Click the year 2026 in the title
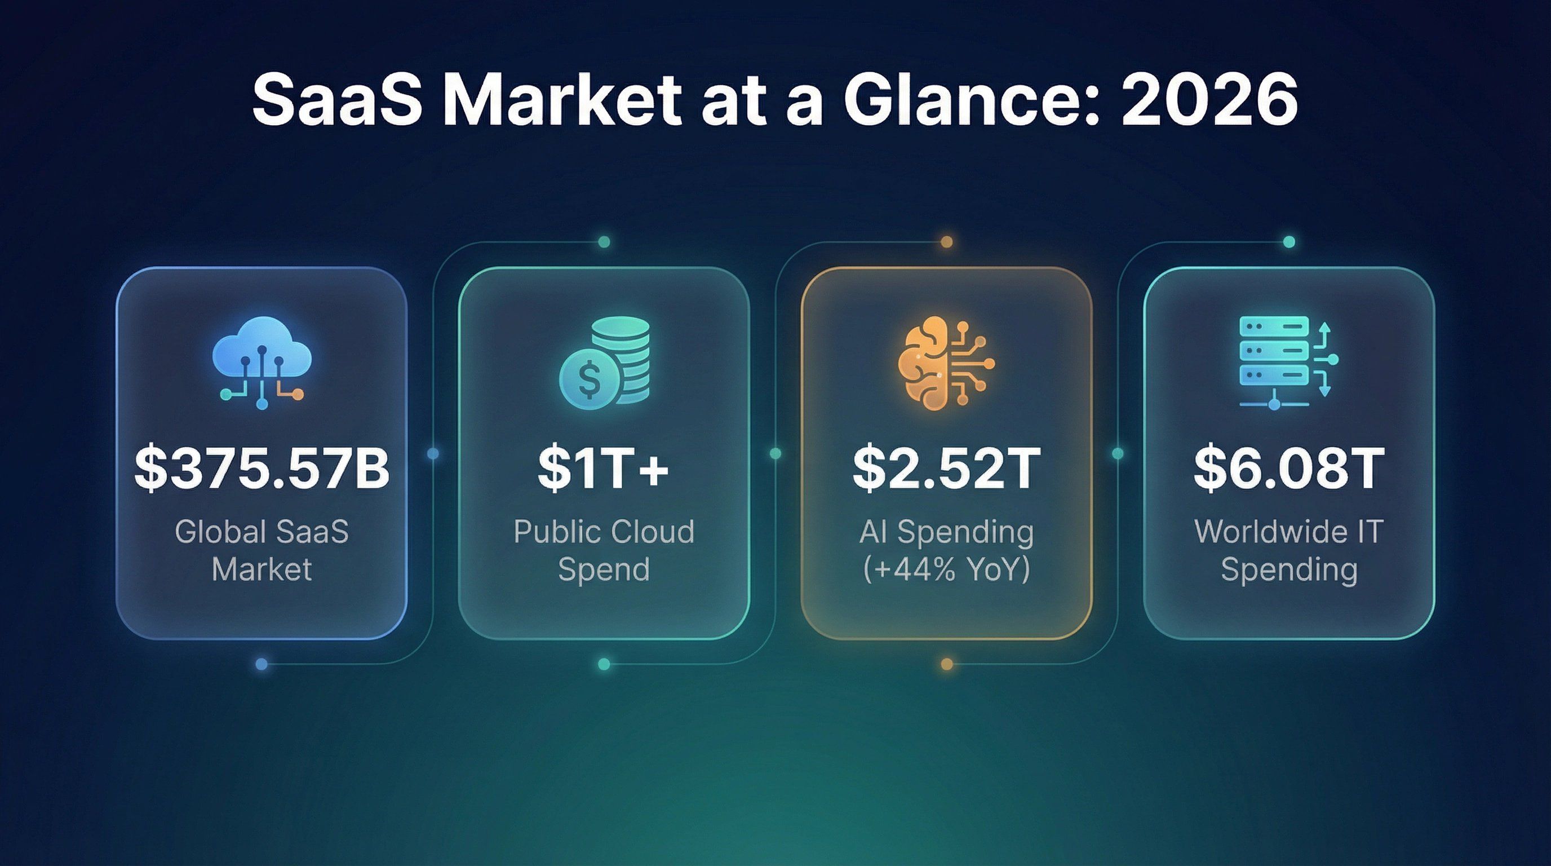pos(1209,99)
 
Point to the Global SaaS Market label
pos(262,550)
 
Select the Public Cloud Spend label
pos(604,550)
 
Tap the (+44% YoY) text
pos(946,569)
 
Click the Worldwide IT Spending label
pos(1289,550)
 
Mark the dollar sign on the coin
pos(588,379)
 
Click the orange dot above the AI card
pos(946,242)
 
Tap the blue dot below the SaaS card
pos(262,664)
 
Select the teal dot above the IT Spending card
pos(1289,242)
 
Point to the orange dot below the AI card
pos(946,664)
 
